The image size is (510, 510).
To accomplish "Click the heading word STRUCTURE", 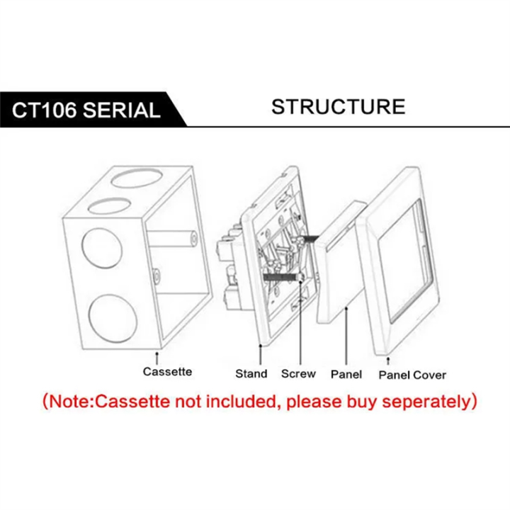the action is click(x=339, y=106).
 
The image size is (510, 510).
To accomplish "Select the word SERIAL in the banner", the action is click(x=122, y=110).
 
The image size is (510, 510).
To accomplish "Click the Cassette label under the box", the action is click(x=167, y=371).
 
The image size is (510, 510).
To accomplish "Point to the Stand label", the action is click(x=251, y=374).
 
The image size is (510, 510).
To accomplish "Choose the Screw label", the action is click(x=298, y=374).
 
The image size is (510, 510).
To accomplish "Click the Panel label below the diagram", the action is click(x=346, y=375).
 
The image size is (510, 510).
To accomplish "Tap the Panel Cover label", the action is click(x=412, y=375).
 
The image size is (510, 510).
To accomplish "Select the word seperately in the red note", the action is click(x=426, y=402).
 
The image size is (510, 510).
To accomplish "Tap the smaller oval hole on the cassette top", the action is click(x=108, y=207).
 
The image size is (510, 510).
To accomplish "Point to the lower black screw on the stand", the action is click(x=282, y=278).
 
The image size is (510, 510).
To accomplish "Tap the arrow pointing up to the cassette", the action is click(x=157, y=358).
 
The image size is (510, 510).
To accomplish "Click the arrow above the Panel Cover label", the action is click(x=387, y=361).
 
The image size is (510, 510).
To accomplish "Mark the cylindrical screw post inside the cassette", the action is click(x=171, y=237).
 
